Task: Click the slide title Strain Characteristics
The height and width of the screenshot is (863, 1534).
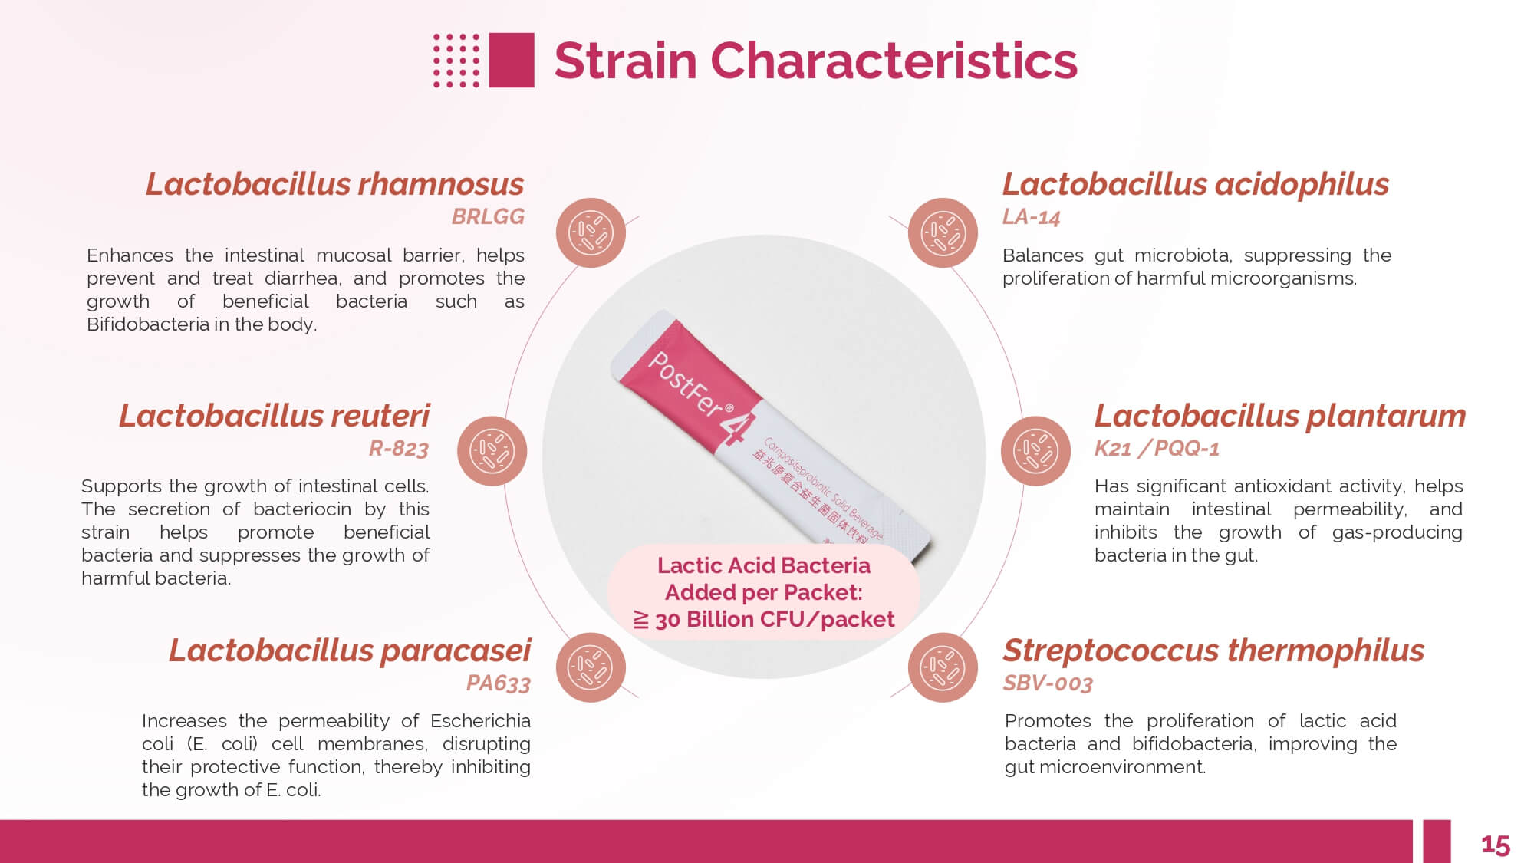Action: pos(815,61)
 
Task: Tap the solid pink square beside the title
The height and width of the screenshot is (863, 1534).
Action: pos(512,60)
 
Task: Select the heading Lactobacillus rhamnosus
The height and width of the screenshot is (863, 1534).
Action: pos(335,185)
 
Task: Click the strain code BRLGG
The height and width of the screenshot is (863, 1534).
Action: pos(488,217)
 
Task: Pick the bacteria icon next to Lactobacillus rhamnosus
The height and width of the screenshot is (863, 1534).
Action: pos(591,232)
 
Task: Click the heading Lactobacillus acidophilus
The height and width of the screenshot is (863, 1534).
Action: pos(1196,185)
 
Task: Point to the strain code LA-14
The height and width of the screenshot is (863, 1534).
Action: pos(1031,217)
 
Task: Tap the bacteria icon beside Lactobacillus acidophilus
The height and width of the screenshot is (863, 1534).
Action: pos(943,232)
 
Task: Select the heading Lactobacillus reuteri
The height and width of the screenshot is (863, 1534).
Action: pos(275,416)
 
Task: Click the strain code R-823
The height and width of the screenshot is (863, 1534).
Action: pos(399,448)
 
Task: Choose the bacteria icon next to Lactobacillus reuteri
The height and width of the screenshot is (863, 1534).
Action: pos(492,451)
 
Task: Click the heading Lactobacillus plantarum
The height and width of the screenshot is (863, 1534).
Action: pos(1280,416)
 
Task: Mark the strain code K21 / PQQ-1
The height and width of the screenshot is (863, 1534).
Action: pos(1157,448)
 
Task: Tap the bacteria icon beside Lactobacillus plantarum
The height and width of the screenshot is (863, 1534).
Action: pos(1035,451)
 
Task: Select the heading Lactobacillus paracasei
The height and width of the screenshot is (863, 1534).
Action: pos(350,651)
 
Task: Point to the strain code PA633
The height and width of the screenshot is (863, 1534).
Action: pos(499,683)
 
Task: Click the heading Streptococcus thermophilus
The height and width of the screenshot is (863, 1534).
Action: pos(1213,651)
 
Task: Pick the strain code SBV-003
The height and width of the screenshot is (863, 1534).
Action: pos(1048,683)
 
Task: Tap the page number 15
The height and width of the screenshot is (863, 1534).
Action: pos(1496,845)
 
